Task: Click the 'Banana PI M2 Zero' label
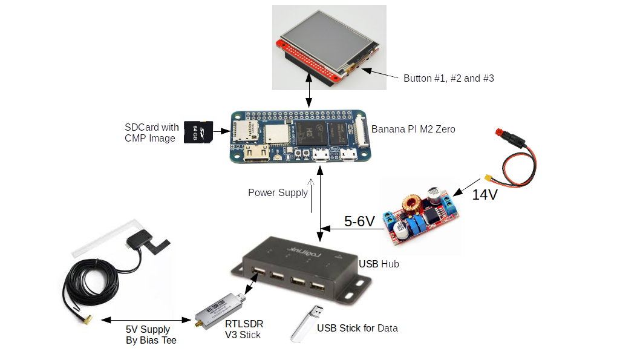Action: [413, 129]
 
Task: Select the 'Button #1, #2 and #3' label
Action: [448, 78]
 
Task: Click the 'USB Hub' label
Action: [379, 264]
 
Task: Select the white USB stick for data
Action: [307, 323]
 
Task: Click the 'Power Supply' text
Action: [278, 192]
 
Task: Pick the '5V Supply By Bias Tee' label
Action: [148, 335]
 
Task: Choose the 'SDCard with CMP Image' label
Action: [151, 133]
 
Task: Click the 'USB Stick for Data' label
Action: [358, 328]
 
